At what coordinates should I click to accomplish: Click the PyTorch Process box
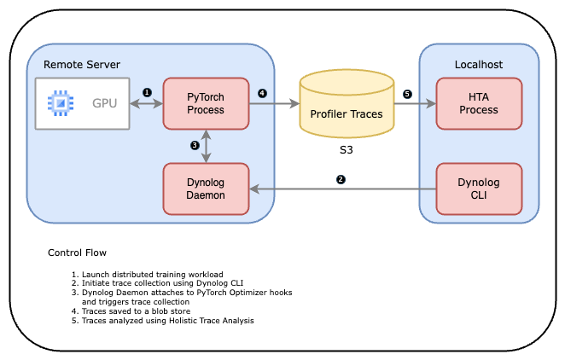(x=206, y=103)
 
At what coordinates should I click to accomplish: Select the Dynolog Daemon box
(x=206, y=189)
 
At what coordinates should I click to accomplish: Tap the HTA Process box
(x=478, y=103)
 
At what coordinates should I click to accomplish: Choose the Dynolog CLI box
(x=478, y=189)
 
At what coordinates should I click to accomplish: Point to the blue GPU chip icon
(x=60, y=104)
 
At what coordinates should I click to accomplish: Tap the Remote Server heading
(x=82, y=64)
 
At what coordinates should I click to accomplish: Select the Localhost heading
(x=479, y=64)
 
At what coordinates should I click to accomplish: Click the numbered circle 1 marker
(x=146, y=91)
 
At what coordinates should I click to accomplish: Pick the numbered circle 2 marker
(x=341, y=179)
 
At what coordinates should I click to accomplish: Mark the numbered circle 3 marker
(x=195, y=146)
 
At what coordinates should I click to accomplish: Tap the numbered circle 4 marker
(x=262, y=92)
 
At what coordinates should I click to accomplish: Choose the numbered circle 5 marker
(x=407, y=93)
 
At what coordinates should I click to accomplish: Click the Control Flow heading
(x=77, y=253)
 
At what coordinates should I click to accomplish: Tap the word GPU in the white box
(x=105, y=104)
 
